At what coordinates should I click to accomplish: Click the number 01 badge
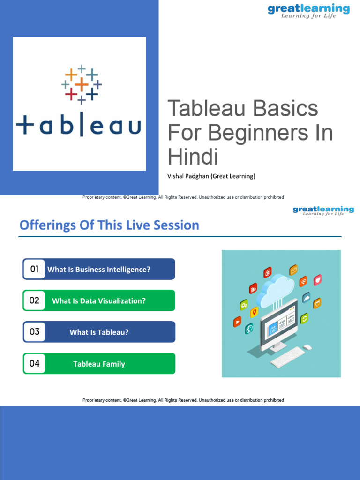[34, 269]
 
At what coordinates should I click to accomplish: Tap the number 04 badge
[34, 363]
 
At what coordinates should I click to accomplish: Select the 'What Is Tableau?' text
[99, 332]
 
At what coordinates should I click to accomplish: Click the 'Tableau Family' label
[99, 364]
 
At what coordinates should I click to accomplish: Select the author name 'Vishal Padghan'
[190, 176]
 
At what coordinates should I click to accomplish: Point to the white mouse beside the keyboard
[307, 347]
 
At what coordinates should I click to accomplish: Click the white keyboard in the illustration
[287, 358]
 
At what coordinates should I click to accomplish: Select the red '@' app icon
[268, 272]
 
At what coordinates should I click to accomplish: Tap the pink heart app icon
[318, 280]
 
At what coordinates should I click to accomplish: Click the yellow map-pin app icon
[254, 312]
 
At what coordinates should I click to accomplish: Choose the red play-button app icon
[237, 322]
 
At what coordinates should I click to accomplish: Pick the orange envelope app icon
[293, 270]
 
